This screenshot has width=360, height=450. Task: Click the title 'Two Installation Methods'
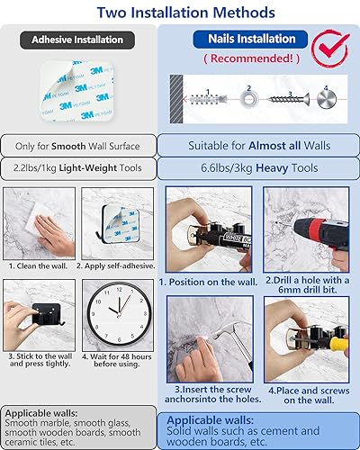coord(180,13)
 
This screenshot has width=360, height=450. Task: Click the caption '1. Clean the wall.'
coord(40,266)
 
